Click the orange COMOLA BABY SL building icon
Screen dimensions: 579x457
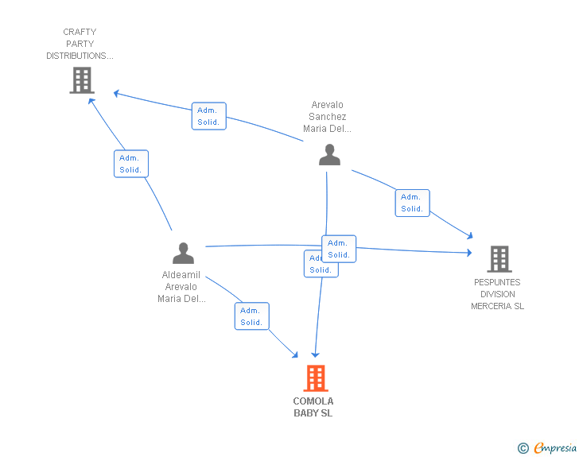[x=316, y=378]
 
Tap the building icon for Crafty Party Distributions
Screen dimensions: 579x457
[x=82, y=80]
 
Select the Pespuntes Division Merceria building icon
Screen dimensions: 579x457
[x=499, y=259]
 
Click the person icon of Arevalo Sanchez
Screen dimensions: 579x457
[x=329, y=155]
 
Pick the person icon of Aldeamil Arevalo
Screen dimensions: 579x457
[x=183, y=253]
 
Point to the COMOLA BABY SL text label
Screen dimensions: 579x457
[x=313, y=407]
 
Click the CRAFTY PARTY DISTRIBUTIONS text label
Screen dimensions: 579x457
[x=80, y=44]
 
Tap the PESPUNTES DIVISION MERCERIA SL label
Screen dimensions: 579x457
[x=497, y=294]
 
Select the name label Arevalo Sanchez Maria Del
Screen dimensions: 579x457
[x=327, y=117]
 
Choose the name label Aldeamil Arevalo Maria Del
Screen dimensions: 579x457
[x=181, y=287]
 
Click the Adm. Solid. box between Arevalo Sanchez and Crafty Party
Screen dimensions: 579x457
[x=209, y=116]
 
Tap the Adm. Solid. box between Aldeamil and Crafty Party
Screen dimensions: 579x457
[x=131, y=164]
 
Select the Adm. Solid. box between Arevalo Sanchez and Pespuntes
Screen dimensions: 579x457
[x=413, y=203]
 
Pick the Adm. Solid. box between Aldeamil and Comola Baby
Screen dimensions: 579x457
[x=252, y=316]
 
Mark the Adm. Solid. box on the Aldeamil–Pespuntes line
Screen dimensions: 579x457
[x=339, y=249]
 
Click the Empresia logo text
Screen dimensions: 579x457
[x=555, y=447]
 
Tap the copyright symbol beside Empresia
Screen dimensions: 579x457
[x=523, y=448]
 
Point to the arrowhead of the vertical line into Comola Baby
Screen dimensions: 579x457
[x=315, y=355]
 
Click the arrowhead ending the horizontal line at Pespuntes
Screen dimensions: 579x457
[x=469, y=253]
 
